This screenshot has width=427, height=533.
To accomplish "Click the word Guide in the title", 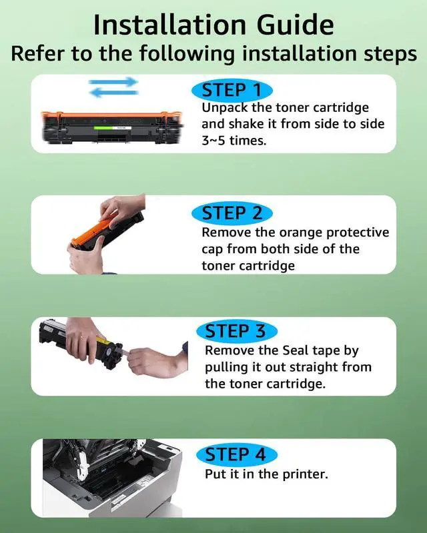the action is pyautogui.click(x=295, y=25).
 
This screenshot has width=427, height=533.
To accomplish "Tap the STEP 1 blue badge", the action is pyautogui.click(x=232, y=91).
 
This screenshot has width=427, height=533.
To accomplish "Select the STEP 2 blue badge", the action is pyautogui.click(x=232, y=213).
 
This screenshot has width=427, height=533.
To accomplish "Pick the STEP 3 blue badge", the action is pyautogui.click(x=237, y=331).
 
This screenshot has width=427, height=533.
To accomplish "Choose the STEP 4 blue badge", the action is pyautogui.click(x=237, y=454).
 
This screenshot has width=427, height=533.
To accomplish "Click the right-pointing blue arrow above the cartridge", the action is pyautogui.click(x=113, y=82).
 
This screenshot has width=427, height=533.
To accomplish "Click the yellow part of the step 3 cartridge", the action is pyautogui.click(x=103, y=341).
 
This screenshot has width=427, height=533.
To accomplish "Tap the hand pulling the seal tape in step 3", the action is pyautogui.click(x=157, y=360).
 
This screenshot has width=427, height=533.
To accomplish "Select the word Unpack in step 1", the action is pyautogui.click(x=225, y=108).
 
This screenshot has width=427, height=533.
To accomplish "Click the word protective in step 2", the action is pyautogui.click(x=358, y=233).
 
